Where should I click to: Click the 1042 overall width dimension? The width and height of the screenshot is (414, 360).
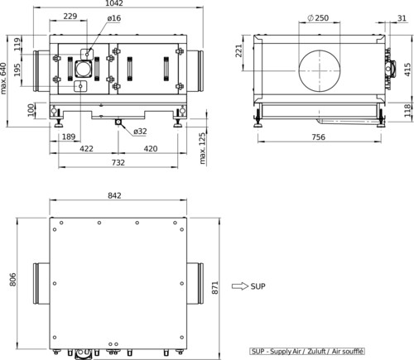[x=115, y=3]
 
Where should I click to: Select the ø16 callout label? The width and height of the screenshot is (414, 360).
[x=114, y=18]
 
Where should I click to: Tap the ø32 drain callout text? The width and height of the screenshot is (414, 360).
[x=140, y=132]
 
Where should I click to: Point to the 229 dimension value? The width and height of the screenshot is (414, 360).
[x=70, y=17]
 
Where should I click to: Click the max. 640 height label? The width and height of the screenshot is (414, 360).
[x=3, y=79]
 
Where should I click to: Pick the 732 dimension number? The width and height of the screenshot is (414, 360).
[x=118, y=162]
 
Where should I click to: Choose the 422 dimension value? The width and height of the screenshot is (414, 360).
[x=86, y=149]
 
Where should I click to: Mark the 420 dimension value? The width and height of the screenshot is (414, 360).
[x=151, y=149]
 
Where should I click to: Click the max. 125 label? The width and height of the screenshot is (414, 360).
[x=203, y=148]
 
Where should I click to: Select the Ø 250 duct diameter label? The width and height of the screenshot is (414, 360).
[x=318, y=18]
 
